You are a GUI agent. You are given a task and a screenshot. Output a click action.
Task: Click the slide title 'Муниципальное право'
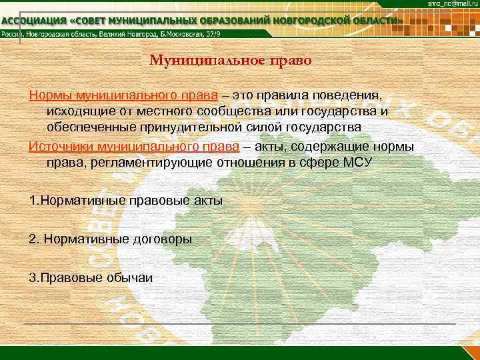(231, 61)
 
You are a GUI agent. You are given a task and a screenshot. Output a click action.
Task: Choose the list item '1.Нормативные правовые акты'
(126, 200)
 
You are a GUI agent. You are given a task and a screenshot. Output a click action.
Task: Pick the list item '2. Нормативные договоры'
(111, 239)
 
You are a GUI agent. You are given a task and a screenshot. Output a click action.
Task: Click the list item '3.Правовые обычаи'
(91, 277)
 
